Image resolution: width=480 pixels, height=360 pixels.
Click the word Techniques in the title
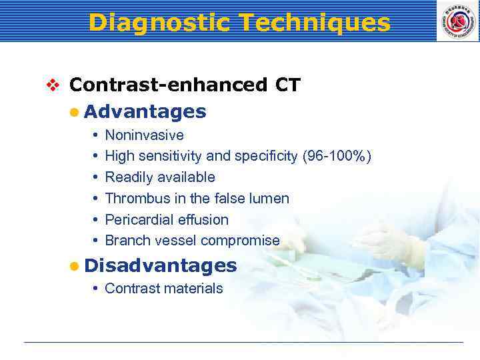[313, 23]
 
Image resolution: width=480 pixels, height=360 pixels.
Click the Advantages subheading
[145, 111]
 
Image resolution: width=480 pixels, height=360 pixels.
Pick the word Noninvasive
[144, 135]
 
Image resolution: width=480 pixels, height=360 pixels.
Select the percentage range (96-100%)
[337, 156]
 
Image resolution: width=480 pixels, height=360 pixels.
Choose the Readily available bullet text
[160, 177]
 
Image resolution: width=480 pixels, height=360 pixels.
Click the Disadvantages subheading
[161, 265]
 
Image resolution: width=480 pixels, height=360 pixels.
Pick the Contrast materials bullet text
[164, 289]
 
